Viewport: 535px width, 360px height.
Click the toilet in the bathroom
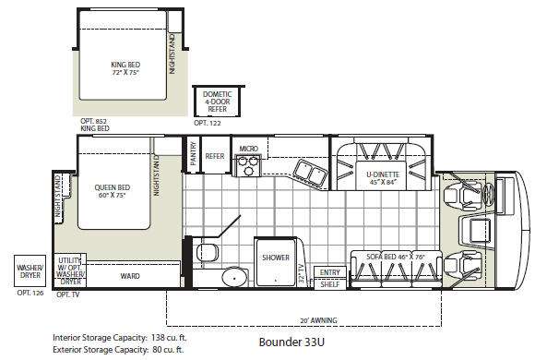pyautogui.click(x=208, y=253)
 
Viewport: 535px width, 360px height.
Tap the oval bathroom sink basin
pyautogui.click(x=235, y=277)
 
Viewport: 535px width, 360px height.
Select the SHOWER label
pyautogui.click(x=276, y=258)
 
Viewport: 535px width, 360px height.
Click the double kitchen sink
pyautogui.click(x=310, y=172)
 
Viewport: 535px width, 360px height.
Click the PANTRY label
pyautogui.click(x=193, y=153)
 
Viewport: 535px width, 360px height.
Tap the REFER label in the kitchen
pyautogui.click(x=215, y=156)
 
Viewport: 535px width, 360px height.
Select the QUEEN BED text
pyautogui.click(x=113, y=187)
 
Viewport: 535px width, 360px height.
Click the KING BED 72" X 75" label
pyautogui.click(x=125, y=68)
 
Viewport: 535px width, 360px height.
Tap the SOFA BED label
pyautogui.click(x=382, y=257)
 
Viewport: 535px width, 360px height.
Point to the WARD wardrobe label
pyautogui.click(x=130, y=276)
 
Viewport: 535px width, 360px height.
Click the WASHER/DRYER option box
pyautogui.click(x=30, y=271)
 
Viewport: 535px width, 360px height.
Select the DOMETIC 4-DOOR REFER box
pyautogui.click(x=218, y=102)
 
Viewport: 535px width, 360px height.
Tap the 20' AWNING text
pyautogui.click(x=318, y=320)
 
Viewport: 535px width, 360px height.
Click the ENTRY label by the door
pyautogui.click(x=330, y=272)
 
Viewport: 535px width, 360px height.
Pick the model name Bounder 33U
pyautogui.click(x=291, y=342)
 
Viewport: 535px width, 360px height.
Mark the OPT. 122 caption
pyautogui.click(x=208, y=123)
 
